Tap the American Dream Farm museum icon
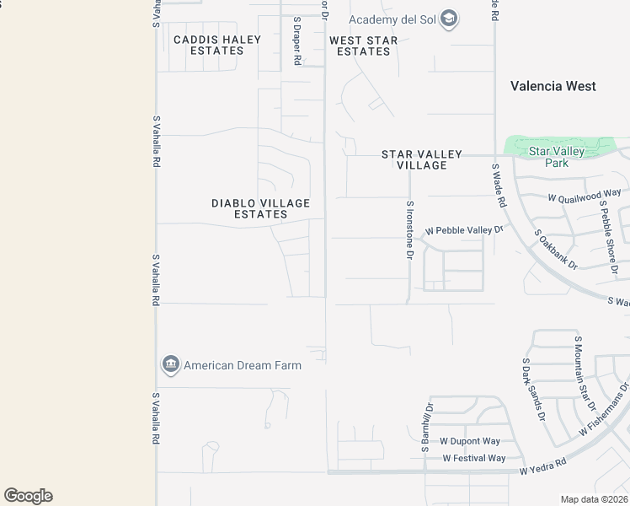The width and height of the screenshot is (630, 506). pyautogui.click(x=171, y=365)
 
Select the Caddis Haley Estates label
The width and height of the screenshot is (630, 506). pyautogui.click(x=217, y=45)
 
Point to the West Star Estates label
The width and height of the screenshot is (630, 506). pyautogui.click(x=364, y=46)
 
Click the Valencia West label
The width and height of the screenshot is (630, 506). pyautogui.click(x=553, y=86)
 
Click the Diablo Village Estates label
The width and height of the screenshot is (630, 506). pyautogui.click(x=261, y=208)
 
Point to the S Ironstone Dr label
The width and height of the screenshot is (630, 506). pyautogui.click(x=410, y=229)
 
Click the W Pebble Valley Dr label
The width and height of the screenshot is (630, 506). pyautogui.click(x=464, y=229)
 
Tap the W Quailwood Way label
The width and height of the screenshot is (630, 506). pyautogui.click(x=584, y=196)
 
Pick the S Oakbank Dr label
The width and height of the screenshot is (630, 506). pyautogui.click(x=556, y=249)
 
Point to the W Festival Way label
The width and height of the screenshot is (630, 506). pyautogui.click(x=474, y=458)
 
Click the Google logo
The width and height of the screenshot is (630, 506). pyautogui.click(x=29, y=496)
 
